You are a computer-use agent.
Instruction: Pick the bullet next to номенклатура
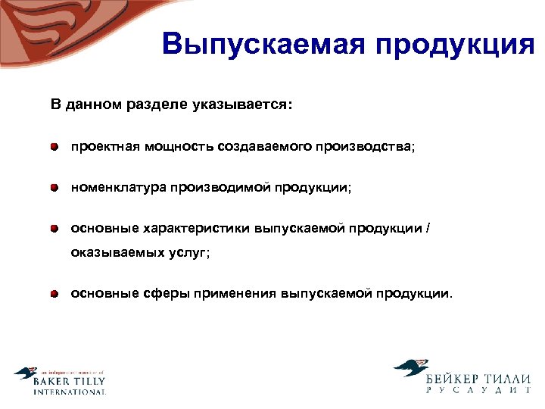pyautogui.click(x=55, y=187)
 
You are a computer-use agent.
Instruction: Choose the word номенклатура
pyautogui.click(x=118, y=187)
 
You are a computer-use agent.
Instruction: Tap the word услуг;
pyautogui.click(x=189, y=254)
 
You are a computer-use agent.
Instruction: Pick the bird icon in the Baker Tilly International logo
pyautogui.click(x=25, y=374)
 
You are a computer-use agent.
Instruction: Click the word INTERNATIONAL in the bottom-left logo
pyautogui.click(x=70, y=392)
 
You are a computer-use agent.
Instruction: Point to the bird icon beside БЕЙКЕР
pyautogui.click(x=410, y=369)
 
